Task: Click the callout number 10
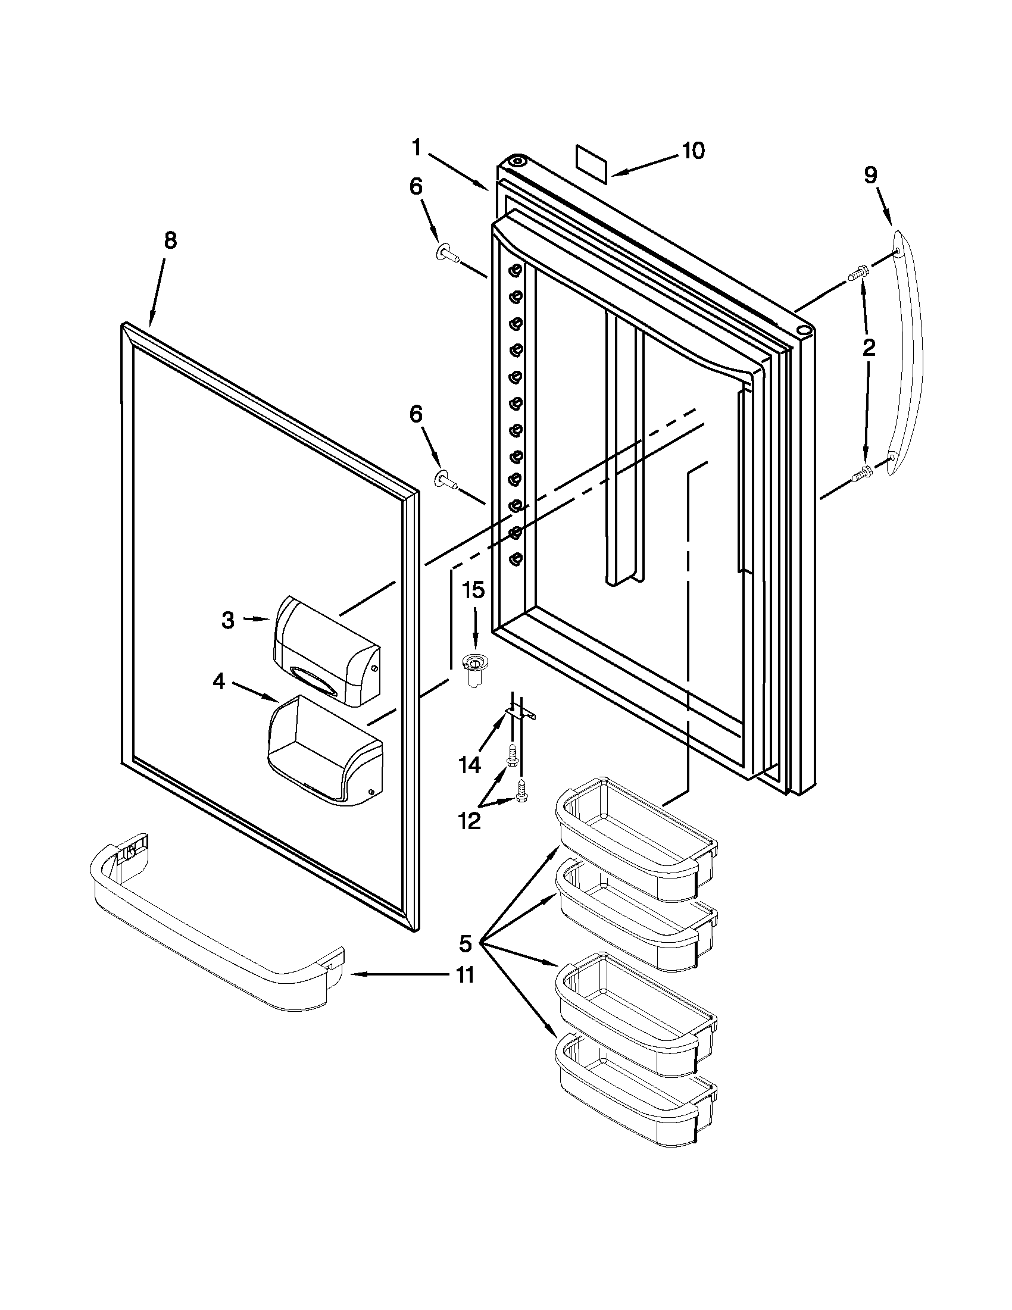[693, 151]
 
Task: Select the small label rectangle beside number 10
[591, 162]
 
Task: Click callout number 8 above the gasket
[170, 241]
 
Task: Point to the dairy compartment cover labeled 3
[326, 651]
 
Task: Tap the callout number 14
[470, 764]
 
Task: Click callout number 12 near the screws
[469, 821]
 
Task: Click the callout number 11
[466, 975]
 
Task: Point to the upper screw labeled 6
[447, 255]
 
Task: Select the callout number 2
[869, 348]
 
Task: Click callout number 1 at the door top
[417, 147]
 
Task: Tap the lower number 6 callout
[416, 414]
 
